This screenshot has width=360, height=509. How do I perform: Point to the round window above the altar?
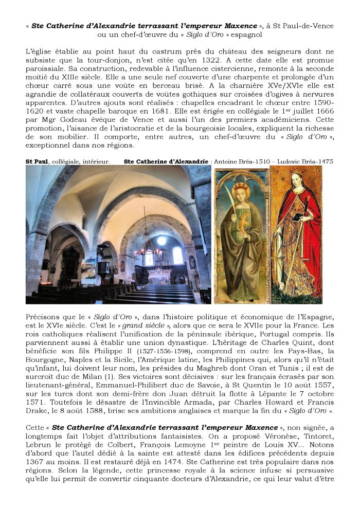pos(162,240)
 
